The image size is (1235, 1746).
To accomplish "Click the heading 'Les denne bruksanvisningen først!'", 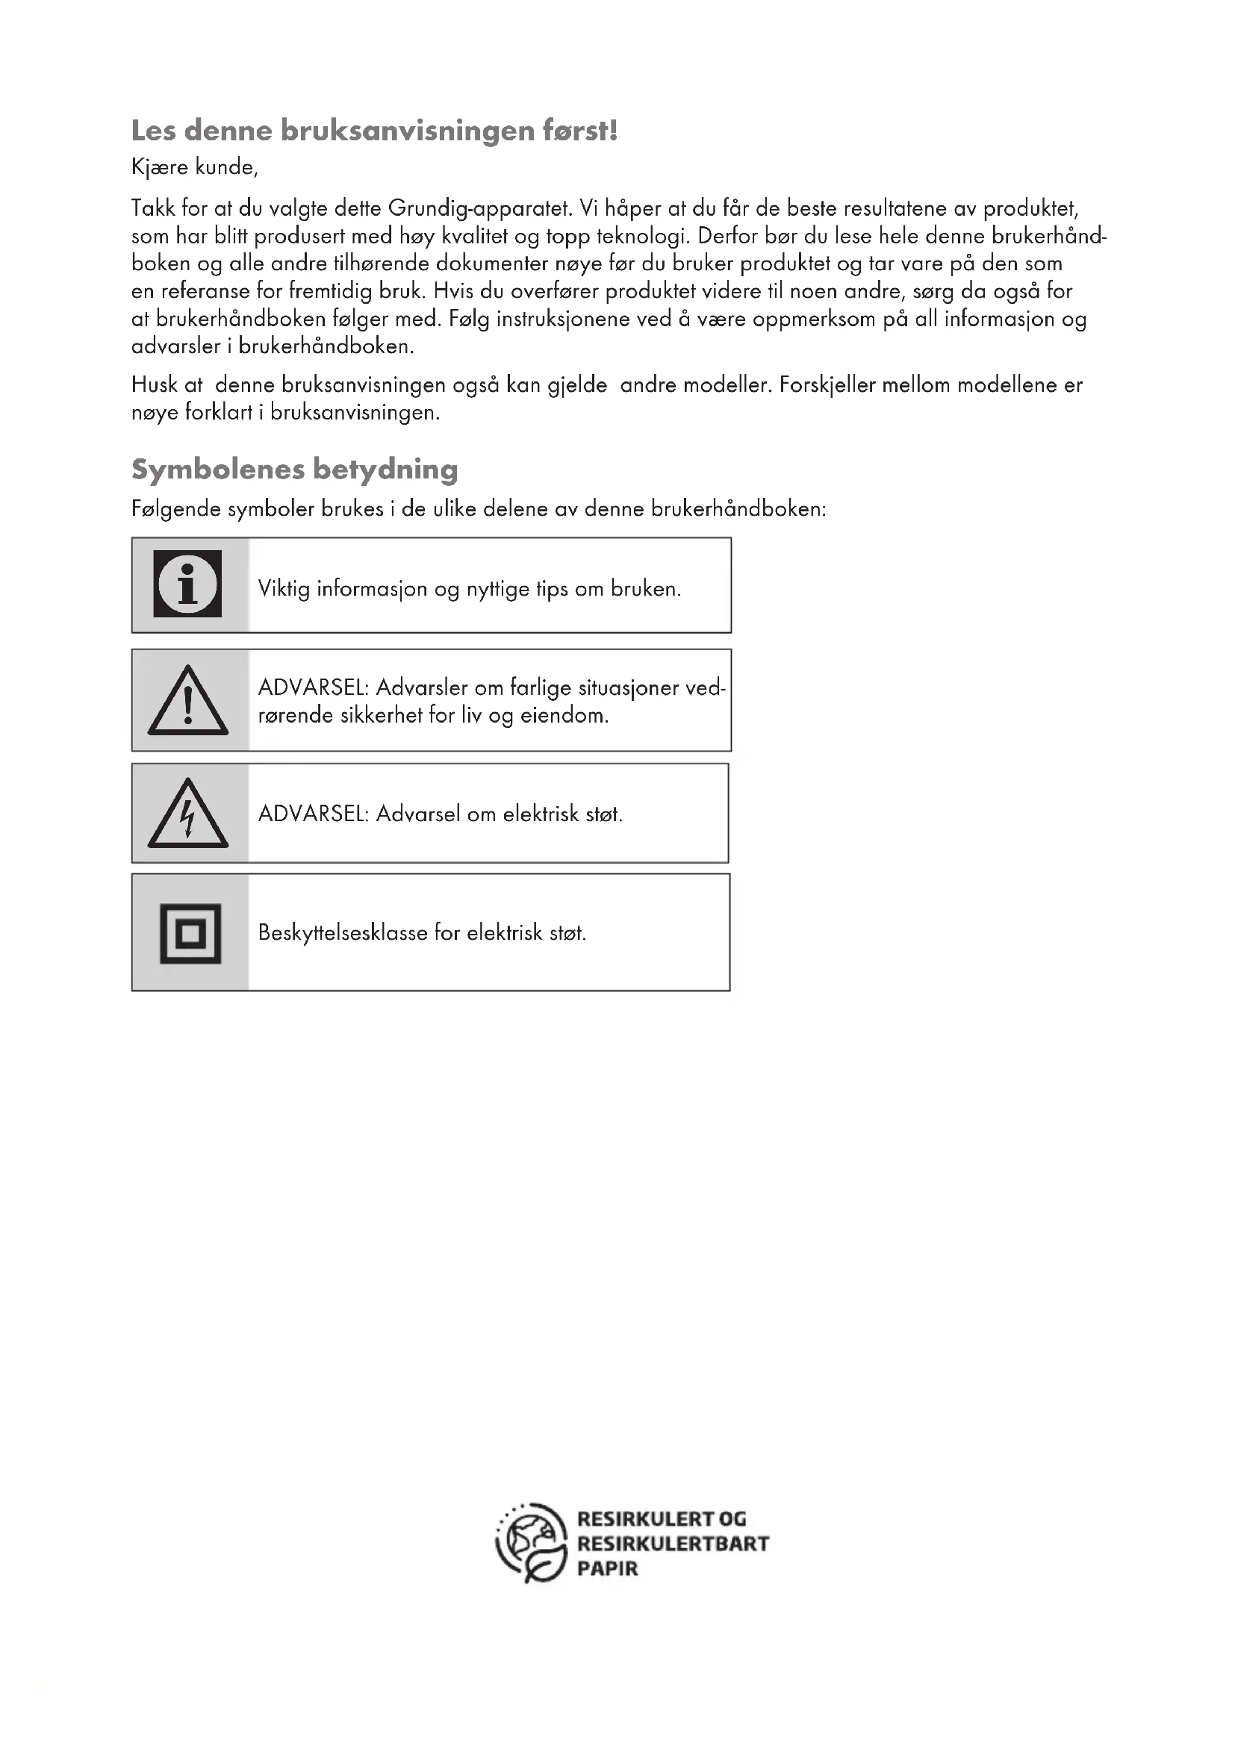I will tap(374, 131).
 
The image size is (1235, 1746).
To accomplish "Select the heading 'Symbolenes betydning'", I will tap(294, 470).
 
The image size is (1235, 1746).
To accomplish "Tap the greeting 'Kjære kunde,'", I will tap(195, 167).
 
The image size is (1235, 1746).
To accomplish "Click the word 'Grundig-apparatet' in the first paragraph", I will tap(479, 208).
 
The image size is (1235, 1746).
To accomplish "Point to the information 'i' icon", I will tap(188, 584).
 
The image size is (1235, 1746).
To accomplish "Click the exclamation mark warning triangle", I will tap(188, 702).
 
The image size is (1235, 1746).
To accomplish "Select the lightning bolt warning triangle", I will tap(188, 814).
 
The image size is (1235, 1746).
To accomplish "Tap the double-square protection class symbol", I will tap(190, 933).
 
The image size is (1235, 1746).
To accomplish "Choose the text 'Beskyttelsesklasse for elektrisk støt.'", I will tap(422, 932).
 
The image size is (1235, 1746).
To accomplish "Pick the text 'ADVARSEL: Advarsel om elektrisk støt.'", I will tap(441, 814).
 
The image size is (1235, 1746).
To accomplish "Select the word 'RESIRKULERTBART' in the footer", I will tap(673, 1544).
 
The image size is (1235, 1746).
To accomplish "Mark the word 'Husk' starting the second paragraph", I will tap(155, 384).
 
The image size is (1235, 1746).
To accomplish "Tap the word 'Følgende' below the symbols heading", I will tap(176, 509).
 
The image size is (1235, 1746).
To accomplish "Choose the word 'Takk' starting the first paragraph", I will tap(154, 208).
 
